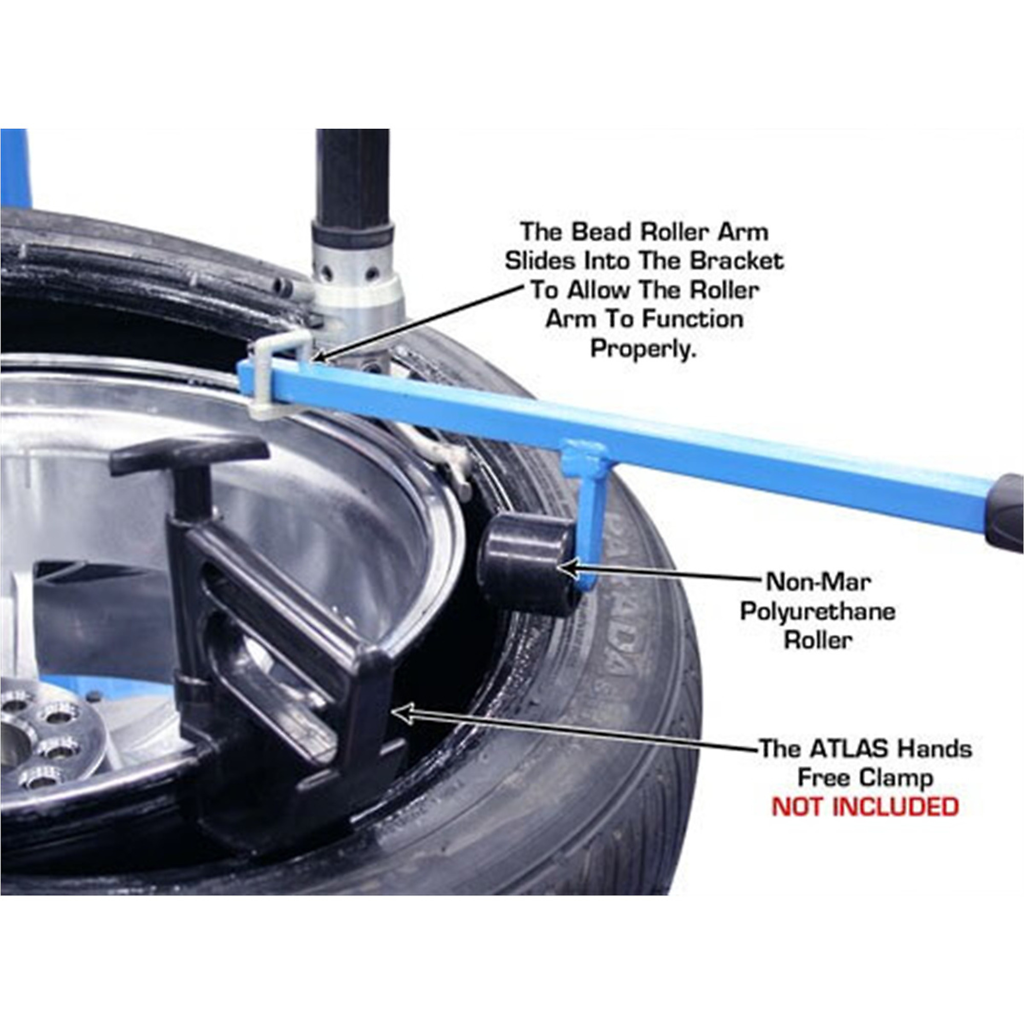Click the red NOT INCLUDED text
865,807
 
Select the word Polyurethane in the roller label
818,612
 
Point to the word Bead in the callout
600,232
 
